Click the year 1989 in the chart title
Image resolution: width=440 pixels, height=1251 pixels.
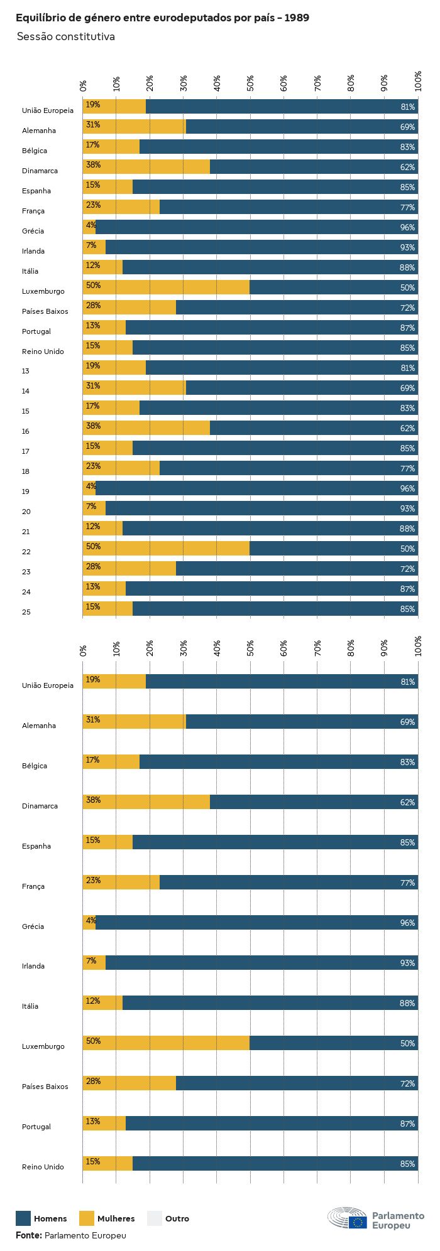[x=297, y=18]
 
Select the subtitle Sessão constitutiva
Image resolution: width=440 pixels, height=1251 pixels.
[x=65, y=37]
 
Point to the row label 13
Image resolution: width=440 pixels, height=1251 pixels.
[x=26, y=372]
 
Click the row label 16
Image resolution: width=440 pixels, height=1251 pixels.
[x=26, y=432]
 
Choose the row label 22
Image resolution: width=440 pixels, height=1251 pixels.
[x=26, y=552]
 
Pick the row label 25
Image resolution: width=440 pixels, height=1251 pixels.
[x=26, y=613]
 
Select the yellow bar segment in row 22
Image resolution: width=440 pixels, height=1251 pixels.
[x=167, y=549]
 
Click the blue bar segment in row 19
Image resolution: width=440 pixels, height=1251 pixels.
[x=256, y=488]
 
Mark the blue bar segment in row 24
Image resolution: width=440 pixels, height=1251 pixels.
[x=272, y=589]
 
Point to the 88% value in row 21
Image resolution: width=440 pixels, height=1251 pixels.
[x=407, y=529]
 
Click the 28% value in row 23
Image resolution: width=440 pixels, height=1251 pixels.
[x=93, y=567]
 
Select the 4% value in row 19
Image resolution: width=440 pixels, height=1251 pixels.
[x=91, y=486]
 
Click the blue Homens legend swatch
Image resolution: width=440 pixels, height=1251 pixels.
[x=23, y=1218]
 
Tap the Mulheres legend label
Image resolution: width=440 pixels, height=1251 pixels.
[x=116, y=1219]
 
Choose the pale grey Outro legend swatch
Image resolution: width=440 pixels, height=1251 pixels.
[x=155, y=1218]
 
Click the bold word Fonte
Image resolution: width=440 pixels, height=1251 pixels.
[x=28, y=1235]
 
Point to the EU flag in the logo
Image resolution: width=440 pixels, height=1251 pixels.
[x=358, y=1222]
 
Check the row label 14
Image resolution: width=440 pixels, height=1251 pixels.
[x=26, y=392]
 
